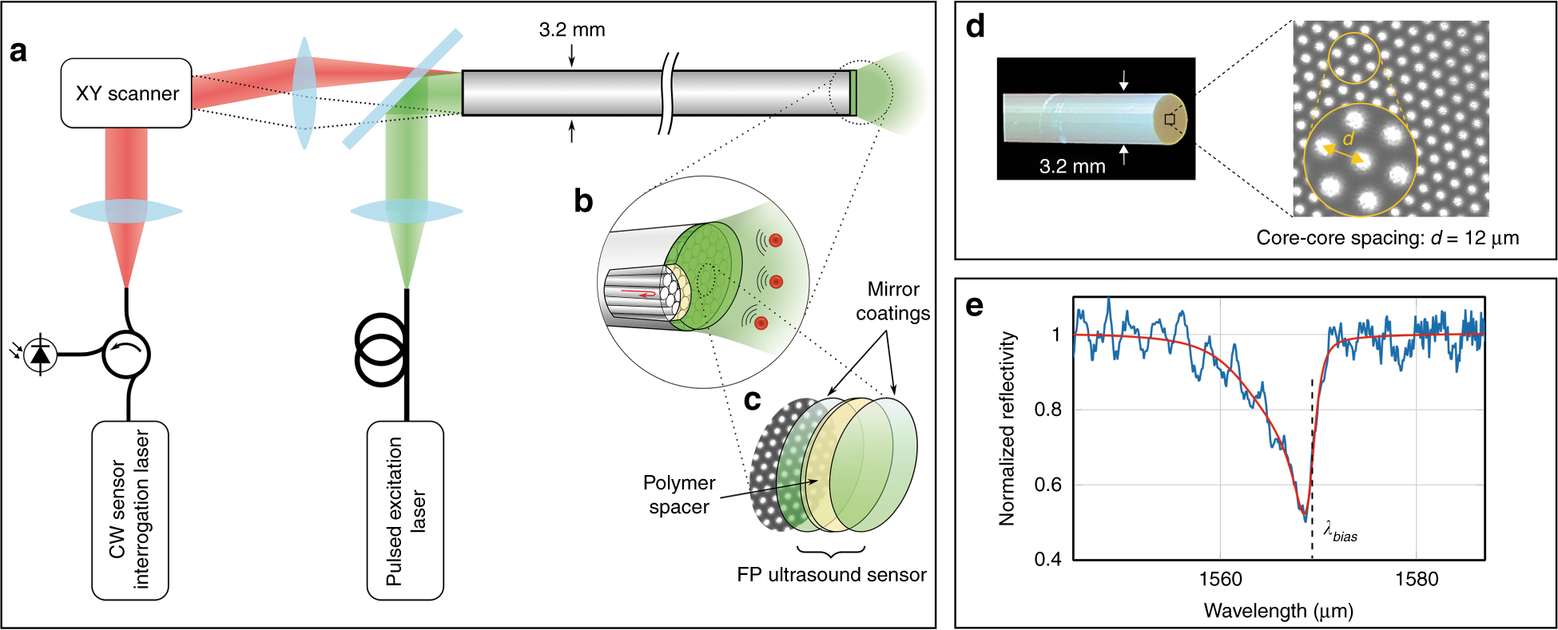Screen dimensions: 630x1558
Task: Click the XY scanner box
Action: pyautogui.click(x=126, y=93)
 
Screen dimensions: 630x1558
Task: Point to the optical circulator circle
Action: pyautogui.click(x=126, y=354)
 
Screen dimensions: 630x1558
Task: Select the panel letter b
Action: pyautogui.click(x=583, y=201)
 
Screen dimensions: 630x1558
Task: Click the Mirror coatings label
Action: pyautogui.click(x=892, y=301)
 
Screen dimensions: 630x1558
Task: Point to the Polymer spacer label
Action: pyautogui.click(x=679, y=494)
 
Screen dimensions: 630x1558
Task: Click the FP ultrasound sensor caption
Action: pyautogui.click(x=831, y=575)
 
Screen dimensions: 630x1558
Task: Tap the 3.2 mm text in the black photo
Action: pyautogui.click(x=1072, y=166)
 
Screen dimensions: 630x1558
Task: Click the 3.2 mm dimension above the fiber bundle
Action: pyautogui.click(x=572, y=30)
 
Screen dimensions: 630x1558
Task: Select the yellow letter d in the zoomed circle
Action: pyautogui.click(x=1349, y=139)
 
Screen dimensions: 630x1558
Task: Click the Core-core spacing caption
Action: pyautogui.click(x=1387, y=238)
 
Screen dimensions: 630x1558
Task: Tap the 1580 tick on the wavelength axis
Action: pyautogui.click(x=1416, y=579)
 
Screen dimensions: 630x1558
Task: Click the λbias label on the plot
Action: pyautogui.click(x=1340, y=532)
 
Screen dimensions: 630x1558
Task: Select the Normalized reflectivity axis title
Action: pyautogui.click(x=1008, y=428)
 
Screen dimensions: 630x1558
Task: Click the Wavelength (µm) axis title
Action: pyautogui.click(x=1278, y=611)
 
